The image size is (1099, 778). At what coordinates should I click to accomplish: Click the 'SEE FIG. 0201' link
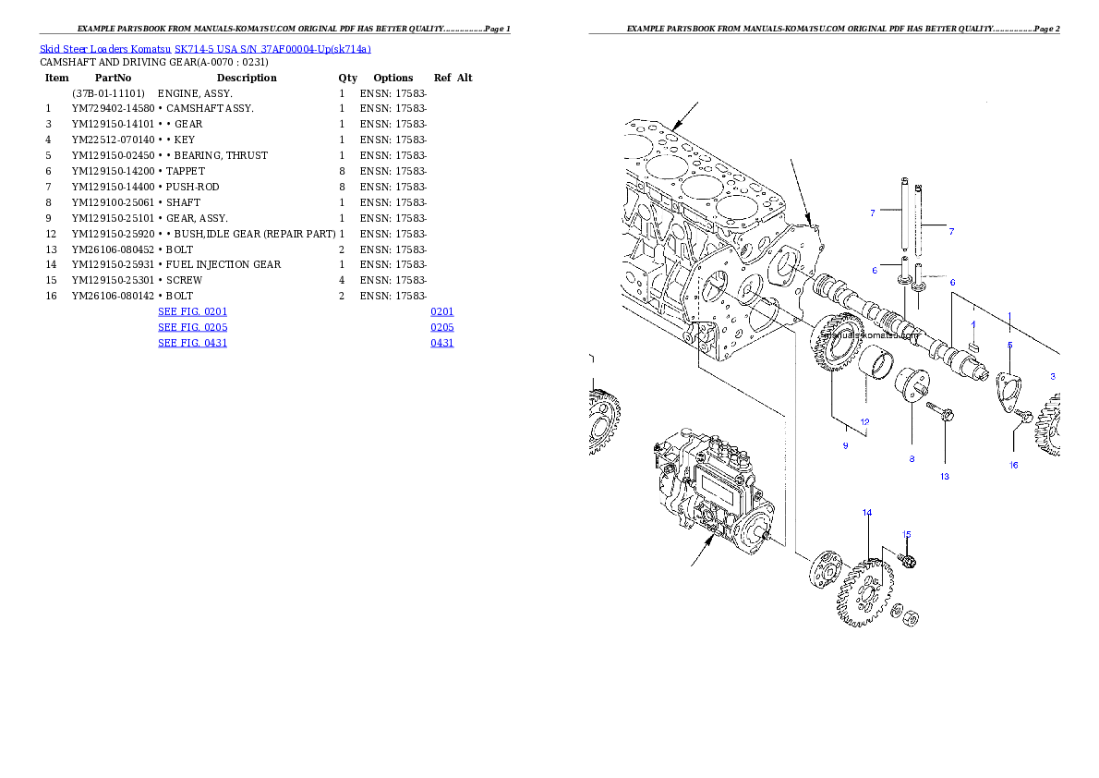(x=192, y=312)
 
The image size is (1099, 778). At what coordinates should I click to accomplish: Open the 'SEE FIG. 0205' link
(x=192, y=327)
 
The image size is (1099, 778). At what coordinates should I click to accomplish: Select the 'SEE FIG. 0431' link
(x=192, y=343)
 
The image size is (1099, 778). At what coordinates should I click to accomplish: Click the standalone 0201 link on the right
(x=442, y=312)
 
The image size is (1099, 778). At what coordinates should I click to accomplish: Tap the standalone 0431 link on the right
(x=442, y=343)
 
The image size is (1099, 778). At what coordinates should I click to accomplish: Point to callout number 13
(x=945, y=477)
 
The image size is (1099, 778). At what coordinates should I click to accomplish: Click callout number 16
(x=1013, y=465)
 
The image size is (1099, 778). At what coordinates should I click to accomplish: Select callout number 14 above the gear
(x=866, y=512)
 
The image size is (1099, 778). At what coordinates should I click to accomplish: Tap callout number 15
(x=906, y=534)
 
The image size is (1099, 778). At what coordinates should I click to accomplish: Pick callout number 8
(x=912, y=458)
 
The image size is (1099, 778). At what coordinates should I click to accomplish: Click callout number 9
(x=844, y=445)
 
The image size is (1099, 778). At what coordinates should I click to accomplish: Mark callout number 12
(x=865, y=421)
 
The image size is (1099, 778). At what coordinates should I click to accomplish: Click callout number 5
(x=1009, y=344)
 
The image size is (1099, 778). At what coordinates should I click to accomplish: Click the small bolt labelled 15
(x=905, y=559)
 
